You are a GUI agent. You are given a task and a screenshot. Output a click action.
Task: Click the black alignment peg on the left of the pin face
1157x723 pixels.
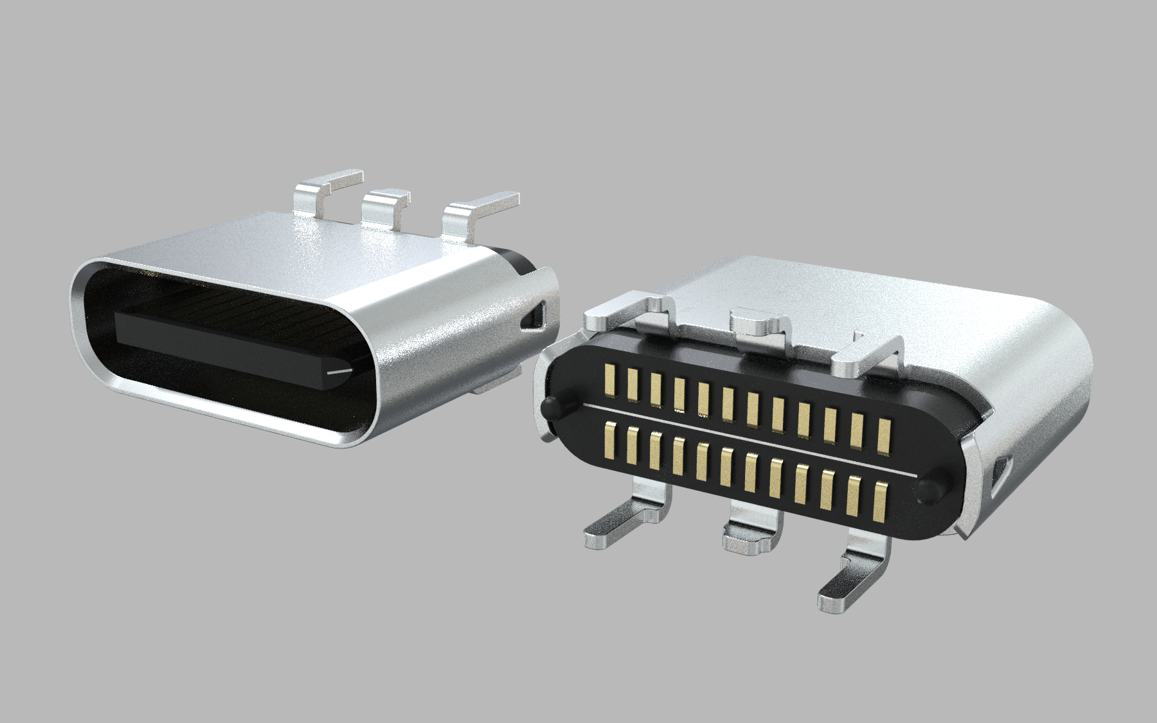click(551, 408)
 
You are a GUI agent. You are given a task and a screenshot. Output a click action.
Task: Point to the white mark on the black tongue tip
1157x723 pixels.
click(339, 371)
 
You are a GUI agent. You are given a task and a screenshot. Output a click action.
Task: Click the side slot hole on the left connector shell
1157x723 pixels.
click(532, 316)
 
